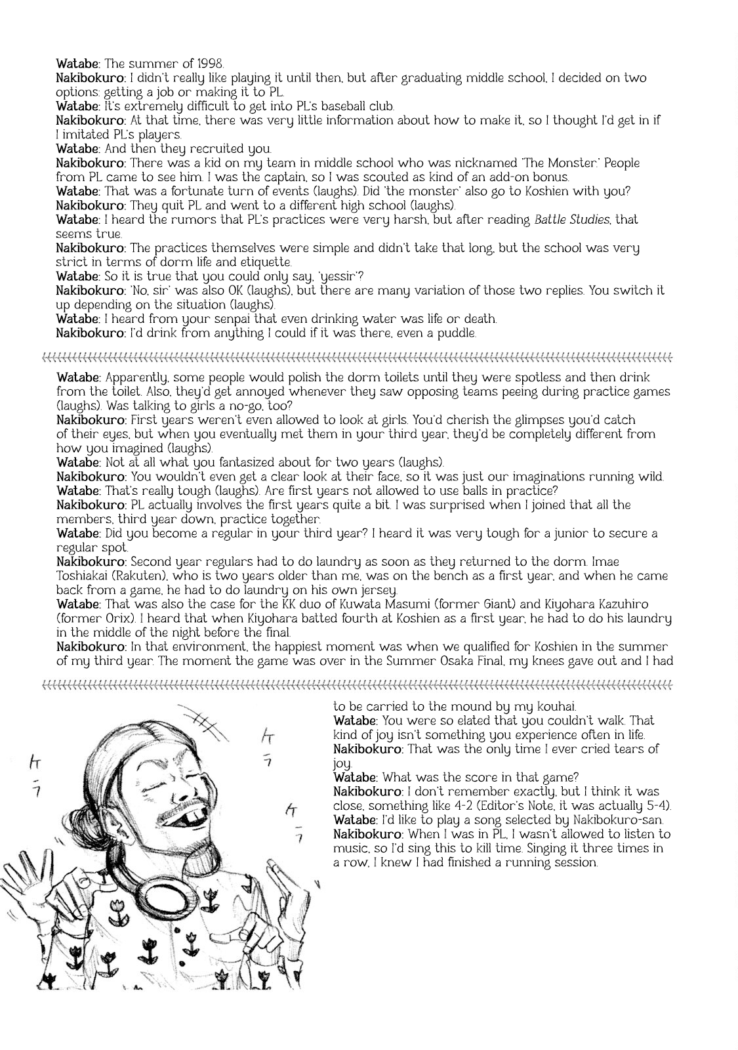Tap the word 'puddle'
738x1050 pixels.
[x=457, y=333]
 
